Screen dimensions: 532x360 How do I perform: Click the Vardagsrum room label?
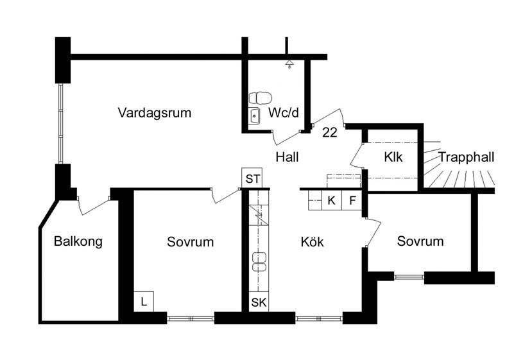point(155,113)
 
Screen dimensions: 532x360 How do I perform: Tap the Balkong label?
point(78,241)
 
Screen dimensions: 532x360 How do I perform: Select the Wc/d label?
point(284,112)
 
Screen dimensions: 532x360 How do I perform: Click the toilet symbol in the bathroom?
point(261,98)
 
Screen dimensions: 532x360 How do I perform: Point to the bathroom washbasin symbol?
point(254,116)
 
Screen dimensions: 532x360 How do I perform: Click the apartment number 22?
point(329,132)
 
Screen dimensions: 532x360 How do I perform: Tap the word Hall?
point(287,157)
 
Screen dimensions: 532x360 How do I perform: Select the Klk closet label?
point(393,157)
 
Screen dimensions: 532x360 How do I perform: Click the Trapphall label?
point(467,157)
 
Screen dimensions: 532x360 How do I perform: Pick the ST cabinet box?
point(252,178)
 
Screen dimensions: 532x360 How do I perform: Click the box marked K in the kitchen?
point(332,200)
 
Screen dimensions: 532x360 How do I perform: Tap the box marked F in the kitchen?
point(352,200)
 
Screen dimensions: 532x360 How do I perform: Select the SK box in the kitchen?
point(259,302)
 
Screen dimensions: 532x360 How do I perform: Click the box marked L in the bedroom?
point(144,302)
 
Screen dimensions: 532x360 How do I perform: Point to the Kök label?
point(312,242)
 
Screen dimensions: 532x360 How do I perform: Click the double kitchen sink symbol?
point(259,262)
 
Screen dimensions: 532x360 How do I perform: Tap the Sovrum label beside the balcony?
point(191,242)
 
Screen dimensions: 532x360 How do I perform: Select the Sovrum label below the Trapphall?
point(420,241)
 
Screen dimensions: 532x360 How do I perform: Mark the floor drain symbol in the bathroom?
point(289,64)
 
